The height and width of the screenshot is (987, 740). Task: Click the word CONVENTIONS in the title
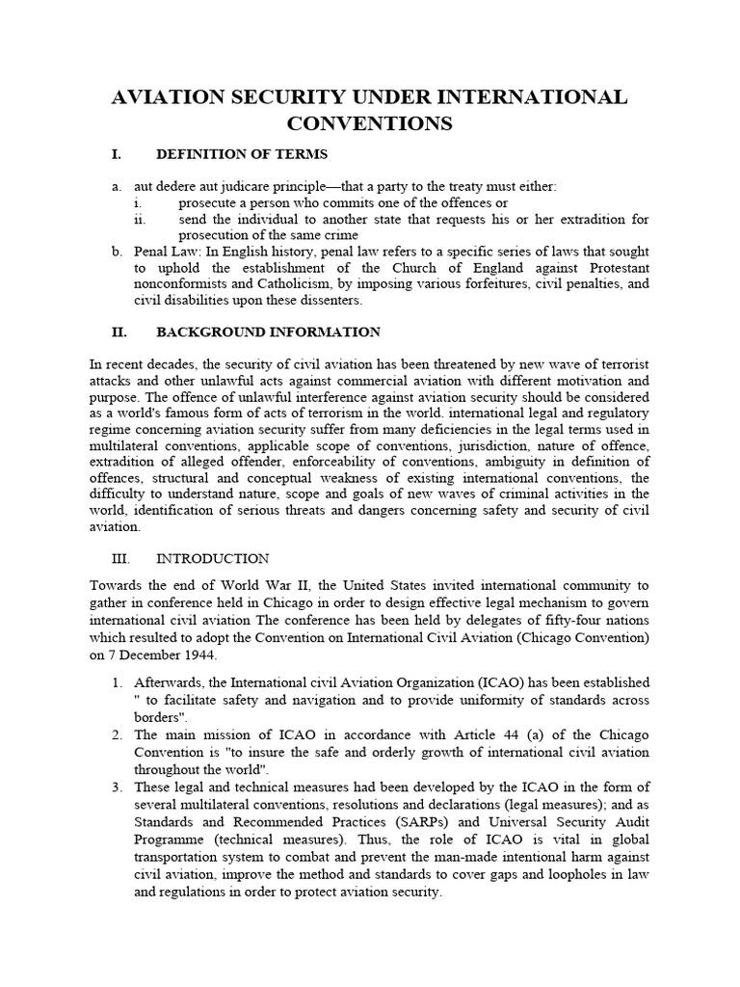tap(370, 123)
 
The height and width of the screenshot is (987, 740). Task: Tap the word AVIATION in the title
tap(175, 97)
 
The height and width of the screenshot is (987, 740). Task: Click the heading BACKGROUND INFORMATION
tap(268, 333)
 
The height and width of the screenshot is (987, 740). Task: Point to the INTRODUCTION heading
tap(212, 559)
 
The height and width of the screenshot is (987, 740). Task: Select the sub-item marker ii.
tap(139, 219)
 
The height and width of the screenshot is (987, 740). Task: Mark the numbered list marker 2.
tap(116, 735)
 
